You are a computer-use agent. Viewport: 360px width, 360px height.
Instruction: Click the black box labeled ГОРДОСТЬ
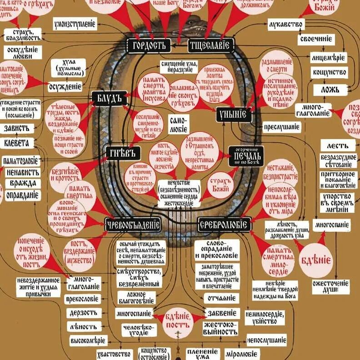click(149, 45)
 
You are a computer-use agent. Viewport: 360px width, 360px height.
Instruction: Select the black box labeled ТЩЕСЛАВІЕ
click(211, 45)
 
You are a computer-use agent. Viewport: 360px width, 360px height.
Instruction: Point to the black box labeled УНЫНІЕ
click(234, 114)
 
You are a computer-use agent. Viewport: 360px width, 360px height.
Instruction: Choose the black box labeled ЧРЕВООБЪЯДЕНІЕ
click(132, 224)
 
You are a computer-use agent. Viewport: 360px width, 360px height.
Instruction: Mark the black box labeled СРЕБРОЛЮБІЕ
click(225, 224)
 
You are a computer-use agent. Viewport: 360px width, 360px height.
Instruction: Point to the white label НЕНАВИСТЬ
click(22, 173)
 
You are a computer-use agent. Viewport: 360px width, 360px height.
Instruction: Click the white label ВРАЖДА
click(22, 184)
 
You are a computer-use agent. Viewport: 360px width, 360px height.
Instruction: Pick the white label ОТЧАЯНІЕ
click(222, 299)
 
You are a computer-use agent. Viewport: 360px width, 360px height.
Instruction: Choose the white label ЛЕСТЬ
click(337, 145)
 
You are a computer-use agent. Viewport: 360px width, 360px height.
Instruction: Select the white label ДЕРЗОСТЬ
click(84, 313)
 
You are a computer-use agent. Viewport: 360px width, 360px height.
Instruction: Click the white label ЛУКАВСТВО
click(285, 24)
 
